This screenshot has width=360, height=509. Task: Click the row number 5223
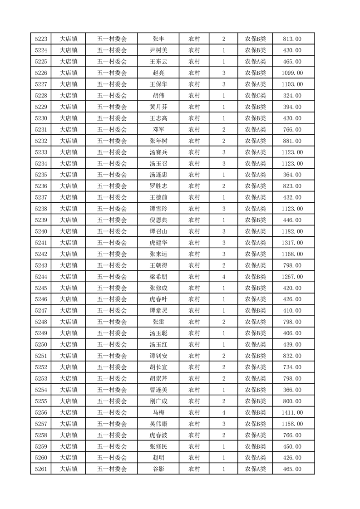coord(41,39)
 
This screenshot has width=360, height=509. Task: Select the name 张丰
coord(158,39)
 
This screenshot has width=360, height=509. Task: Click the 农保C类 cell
coord(256,96)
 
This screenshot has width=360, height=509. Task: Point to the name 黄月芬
coord(158,107)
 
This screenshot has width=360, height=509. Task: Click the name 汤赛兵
coord(158,152)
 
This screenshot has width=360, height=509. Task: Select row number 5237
coord(41,198)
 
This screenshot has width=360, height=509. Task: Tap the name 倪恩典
coord(158,220)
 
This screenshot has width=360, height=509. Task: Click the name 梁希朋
coord(158,277)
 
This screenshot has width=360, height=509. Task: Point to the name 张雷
coord(158,322)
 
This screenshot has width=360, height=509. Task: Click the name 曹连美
coord(158,390)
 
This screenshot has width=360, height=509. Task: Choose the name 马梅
coord(158,412)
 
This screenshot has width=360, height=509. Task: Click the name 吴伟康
coord(158,424)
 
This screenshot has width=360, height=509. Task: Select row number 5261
coord(41,469)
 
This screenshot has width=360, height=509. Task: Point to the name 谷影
coord(158,469)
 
